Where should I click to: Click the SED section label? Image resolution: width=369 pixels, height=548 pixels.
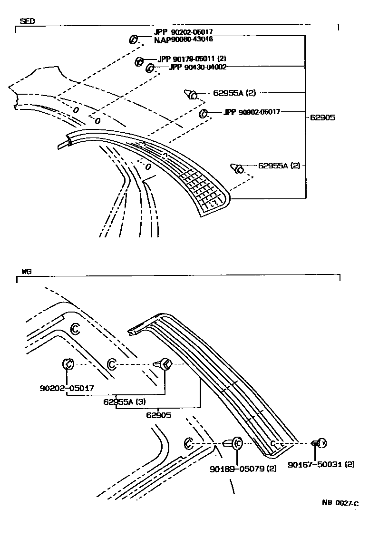click(27, 21)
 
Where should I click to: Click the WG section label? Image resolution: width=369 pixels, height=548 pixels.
click(26, 272)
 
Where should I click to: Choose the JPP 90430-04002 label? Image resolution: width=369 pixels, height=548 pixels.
click(197, 67)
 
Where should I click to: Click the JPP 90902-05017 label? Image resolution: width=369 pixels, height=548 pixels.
click(252, 112)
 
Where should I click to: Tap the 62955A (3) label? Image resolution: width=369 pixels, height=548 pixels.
click(124, 401)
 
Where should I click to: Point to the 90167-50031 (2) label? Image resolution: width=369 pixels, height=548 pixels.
click(321, 465)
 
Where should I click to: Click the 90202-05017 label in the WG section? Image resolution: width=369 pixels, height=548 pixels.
click(67, 388)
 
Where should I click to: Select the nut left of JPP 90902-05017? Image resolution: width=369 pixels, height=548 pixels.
click(203, 113)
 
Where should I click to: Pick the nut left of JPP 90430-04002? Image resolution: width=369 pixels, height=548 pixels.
click(149, 68)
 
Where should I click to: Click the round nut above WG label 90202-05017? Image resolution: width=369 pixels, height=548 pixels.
click(68, 364)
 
